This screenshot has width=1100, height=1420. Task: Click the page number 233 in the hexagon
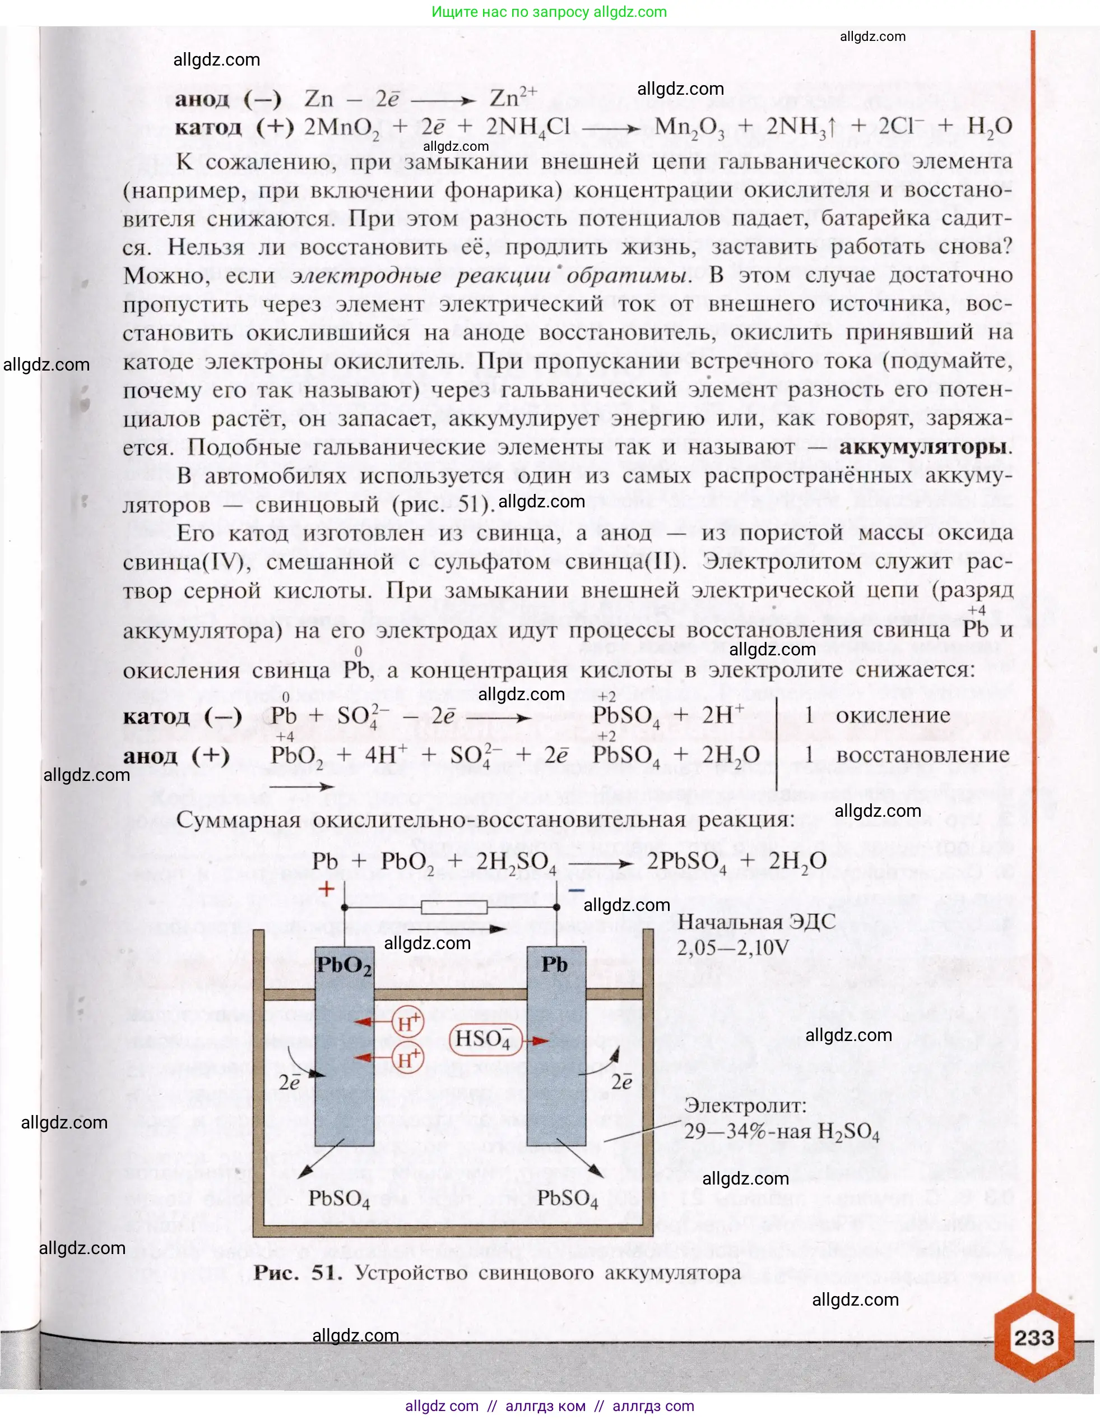tap(1034, 1338)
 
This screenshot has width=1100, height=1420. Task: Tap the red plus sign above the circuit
tap(326, 889)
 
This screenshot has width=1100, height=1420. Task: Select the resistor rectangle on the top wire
tap(453, 907)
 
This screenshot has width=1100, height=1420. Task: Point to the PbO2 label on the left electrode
tap(344, 966)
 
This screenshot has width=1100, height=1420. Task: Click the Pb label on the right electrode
tap(554, 965)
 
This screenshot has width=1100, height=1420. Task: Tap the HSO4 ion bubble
tap(484, 1039)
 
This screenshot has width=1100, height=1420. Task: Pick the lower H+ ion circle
tap(408, 1059)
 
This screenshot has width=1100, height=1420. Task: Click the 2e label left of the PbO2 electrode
tap(289, 1083)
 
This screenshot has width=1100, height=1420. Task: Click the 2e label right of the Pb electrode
tap(621, 1082)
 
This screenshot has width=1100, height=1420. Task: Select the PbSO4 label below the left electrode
tap(338, 1199)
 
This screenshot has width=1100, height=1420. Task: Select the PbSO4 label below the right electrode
tap(567, 1199)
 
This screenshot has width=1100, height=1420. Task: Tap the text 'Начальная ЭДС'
tap(756, 922)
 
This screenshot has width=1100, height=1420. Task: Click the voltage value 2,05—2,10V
tap(733, 948)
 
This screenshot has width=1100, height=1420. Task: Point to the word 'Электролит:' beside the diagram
tap(745, 1106)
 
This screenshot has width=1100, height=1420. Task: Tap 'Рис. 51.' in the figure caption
tap(298, 1273)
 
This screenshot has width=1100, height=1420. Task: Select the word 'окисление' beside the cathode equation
tap(893, 715)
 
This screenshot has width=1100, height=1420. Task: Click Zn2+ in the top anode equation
tap(513, 98)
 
